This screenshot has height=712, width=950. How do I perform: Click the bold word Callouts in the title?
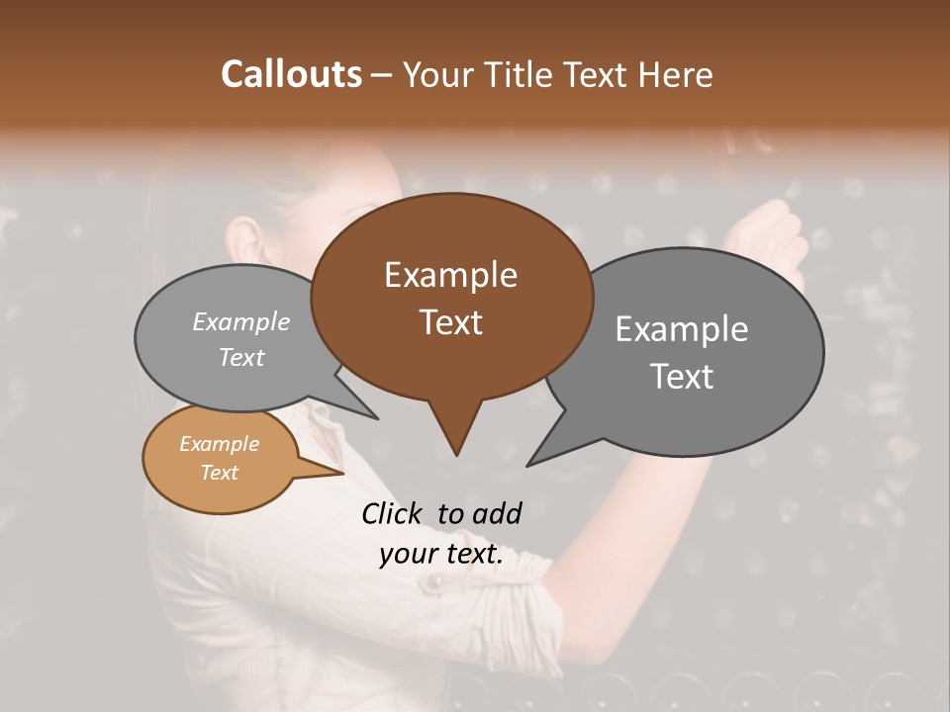291,74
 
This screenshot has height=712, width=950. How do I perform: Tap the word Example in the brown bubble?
450,275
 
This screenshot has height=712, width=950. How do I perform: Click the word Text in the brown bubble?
450,322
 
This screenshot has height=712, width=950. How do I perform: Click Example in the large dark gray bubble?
681,329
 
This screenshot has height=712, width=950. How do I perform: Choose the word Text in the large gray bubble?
681,377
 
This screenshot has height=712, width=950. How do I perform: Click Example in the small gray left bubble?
240,322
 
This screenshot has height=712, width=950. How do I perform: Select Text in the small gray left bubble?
240,358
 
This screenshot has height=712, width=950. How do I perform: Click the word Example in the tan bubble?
219,445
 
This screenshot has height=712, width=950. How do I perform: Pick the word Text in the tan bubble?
219,473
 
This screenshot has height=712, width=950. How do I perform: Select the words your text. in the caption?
440,555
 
